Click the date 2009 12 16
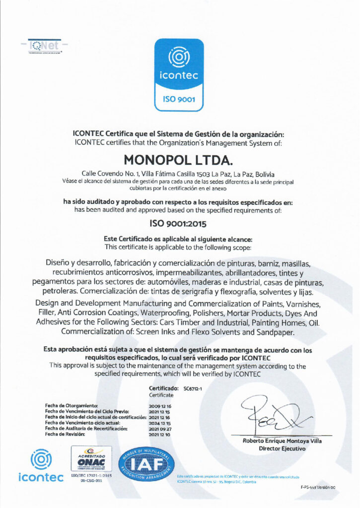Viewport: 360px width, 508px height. (159, 406)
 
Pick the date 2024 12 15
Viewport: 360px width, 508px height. (159, 423)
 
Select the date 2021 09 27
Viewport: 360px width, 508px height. (159, 428)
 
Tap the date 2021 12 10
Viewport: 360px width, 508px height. (159, 434)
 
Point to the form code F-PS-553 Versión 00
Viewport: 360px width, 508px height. (318, 488)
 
